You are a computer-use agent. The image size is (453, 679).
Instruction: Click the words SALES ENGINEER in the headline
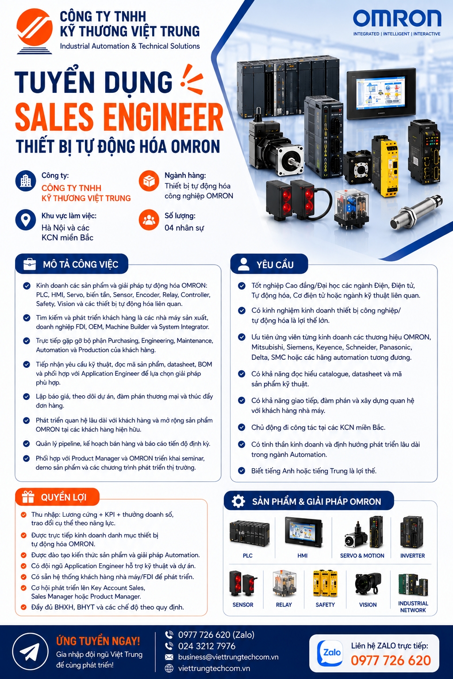point(119,117)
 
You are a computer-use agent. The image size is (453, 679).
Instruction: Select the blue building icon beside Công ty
point(26,181)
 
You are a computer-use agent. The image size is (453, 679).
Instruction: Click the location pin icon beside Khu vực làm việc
point(26,220)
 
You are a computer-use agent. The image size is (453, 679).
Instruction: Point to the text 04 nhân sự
point(184,228)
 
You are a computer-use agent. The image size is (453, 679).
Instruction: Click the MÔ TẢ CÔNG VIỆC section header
point(72,264)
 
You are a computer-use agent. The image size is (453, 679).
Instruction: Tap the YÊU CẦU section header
point(269,264)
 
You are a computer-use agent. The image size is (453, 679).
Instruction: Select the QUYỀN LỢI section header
point(58,497)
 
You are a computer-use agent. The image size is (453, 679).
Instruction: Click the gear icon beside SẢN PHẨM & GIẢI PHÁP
point(238,501)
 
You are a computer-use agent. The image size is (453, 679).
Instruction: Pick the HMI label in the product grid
point(303,556)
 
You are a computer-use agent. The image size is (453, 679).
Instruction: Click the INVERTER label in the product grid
point(412,556)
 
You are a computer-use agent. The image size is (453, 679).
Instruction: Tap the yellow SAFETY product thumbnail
point(325,584)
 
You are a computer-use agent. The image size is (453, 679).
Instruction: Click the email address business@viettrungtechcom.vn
point(228,657)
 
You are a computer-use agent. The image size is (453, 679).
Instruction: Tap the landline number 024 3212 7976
point(207,646)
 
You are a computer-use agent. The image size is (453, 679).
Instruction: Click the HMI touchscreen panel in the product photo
point(381,93)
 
